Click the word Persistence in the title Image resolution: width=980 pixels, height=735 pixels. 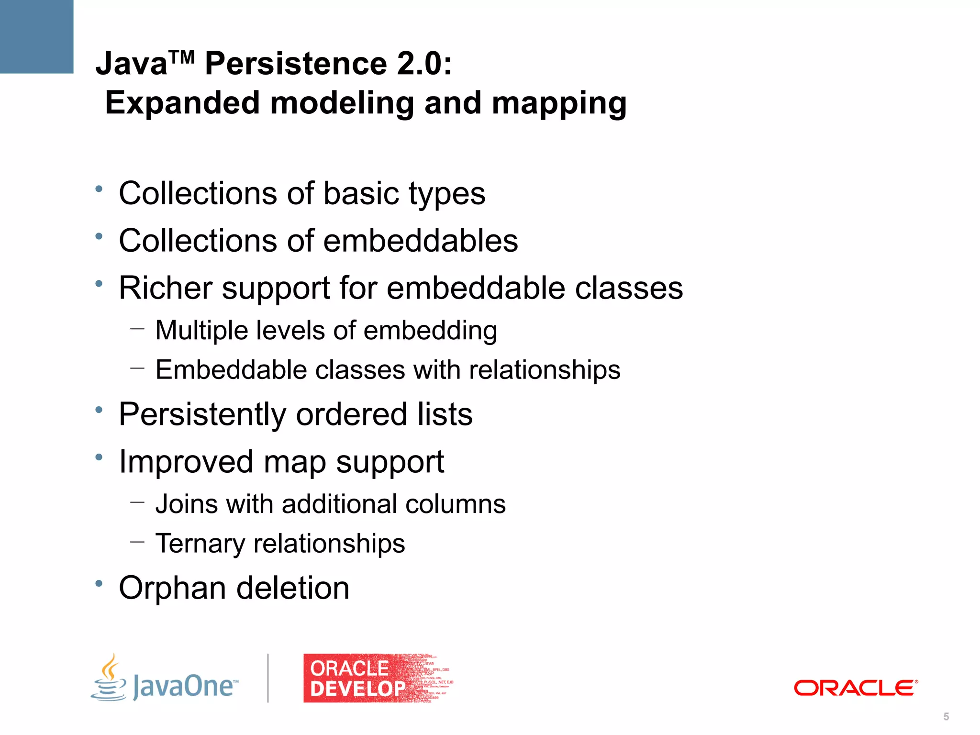[296, 64]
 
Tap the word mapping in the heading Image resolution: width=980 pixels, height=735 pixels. [559, 104]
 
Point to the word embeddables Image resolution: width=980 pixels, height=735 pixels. [421, 240]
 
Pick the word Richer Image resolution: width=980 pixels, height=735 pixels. [166, 288]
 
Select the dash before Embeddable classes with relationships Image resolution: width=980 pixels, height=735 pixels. [137, 368]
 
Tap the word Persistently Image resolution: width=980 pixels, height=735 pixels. [202, 414]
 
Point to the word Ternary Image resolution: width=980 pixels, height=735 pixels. [200, 544]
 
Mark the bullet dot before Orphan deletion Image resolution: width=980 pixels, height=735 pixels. [99, 583]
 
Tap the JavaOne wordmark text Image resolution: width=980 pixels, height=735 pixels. [185, 686]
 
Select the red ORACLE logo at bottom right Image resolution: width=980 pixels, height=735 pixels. [856, 688]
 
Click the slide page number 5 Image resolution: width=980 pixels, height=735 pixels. [946, 716]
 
